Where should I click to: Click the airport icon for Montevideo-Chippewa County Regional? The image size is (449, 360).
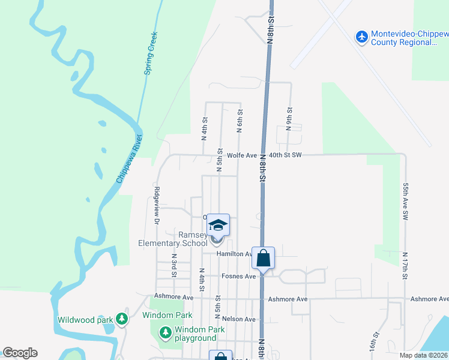tap(362, 37)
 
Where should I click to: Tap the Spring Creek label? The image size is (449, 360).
tap(151, 53)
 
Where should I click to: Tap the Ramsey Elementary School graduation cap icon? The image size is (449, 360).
tap(218, 225)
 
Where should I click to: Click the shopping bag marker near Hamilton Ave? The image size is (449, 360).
tap(264, 259)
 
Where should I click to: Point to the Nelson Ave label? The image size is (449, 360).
tap(238, 319)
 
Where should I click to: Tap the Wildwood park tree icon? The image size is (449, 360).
tap(122, 319)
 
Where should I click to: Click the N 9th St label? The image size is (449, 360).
tap(289, 120)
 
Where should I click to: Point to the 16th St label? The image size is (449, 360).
tap(376, 342)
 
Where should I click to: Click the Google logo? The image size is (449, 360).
tap(20, 353)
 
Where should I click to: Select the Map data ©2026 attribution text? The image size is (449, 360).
tap(423, 355)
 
